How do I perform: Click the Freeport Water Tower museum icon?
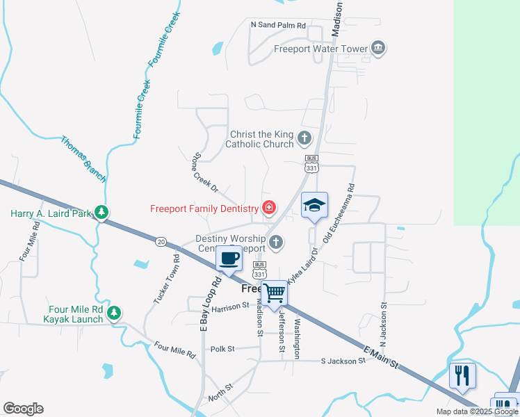point(378,48)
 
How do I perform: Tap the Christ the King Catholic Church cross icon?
point(304,138)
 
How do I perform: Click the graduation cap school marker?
point(314,205)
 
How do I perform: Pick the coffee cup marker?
point(228,259)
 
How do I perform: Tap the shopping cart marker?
point(275,293)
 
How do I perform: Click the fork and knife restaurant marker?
point(462,375)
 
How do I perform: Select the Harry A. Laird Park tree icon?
point(101,212)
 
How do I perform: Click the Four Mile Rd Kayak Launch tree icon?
point(114,314)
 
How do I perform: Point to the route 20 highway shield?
point(161,240)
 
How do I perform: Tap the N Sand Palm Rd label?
point(278,25)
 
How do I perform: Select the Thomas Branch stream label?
point(83,158)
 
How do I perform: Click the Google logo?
point(23,409)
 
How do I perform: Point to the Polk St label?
point(222,349)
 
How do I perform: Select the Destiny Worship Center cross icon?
point(276,243)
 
